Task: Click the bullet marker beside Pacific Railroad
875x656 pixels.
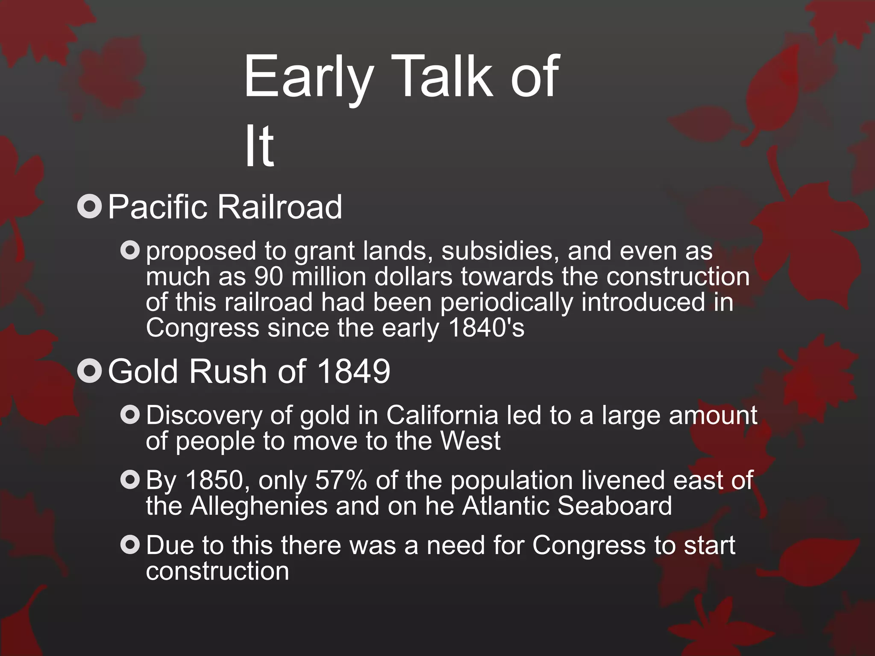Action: click(x=90, y=207)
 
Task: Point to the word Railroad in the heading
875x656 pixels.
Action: click(x=279, y=207)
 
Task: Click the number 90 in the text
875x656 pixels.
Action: click(x=268, y=277)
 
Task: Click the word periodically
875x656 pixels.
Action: click(x=507, y=302)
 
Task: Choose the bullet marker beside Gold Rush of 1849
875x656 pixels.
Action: click(x=90, y=371)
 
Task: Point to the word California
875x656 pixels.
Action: click(x=442, y=415)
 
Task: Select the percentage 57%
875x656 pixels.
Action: click(x=341, y=480)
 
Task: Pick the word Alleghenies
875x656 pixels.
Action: click(x=259, y=506)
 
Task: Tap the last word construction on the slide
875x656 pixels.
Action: click(x=217, y=571)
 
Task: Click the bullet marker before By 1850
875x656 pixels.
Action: click(x=130, y=480)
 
